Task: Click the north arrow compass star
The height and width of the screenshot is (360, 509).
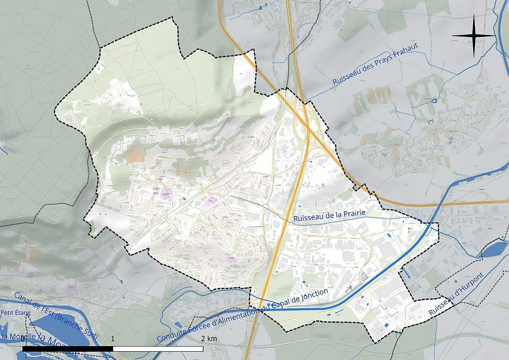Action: coord(474,35)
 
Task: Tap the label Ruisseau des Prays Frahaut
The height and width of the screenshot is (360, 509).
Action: coord(372,68)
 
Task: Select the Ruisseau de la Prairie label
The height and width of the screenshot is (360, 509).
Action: coord(329,216)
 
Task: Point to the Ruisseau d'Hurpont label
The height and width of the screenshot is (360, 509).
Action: coord(457,295)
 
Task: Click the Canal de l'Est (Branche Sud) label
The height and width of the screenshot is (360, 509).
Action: coord(55,316)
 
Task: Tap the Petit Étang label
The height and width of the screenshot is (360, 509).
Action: coord(15,313)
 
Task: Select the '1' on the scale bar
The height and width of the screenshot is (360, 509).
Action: coord(113,339)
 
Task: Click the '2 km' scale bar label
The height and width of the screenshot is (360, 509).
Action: coord(209,339)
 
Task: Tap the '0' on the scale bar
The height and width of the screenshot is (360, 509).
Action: coord(23,339)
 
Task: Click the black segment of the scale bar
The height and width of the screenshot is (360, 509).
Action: coord(68,349)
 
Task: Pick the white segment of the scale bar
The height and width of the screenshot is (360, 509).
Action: coord(158,349)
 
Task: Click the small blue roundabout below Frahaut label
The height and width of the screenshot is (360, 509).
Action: coord(435,101)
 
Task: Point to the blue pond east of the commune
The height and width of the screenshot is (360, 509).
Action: coord(493,249)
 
